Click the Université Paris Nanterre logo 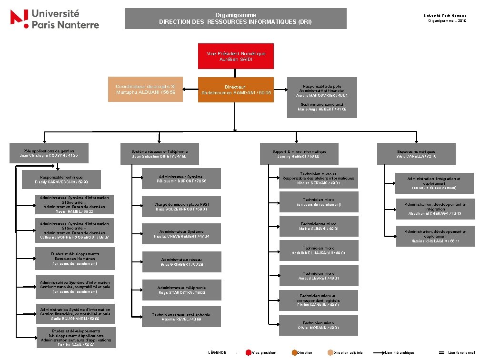(x=55, y=19)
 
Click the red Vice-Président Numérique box (x=236, y=57)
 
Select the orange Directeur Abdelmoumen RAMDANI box (x=236, y=90)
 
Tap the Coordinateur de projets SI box (x=145, y=89)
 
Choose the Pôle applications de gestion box (x=49, y=153)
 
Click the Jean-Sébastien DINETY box (x=160, y=154)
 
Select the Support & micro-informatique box (x=299, y=154)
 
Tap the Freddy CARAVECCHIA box (x=61, y=180)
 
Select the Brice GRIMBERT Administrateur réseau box (x=182, y=262)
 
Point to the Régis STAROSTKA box (x=181, y=290)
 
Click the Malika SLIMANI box (x=319, y=226)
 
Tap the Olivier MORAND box (x=319, y=326)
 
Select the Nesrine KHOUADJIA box (x=435, y=236)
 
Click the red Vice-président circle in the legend (x=249, y=353)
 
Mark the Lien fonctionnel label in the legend (x=461, y=353)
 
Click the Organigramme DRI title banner (x=235, y=19)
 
